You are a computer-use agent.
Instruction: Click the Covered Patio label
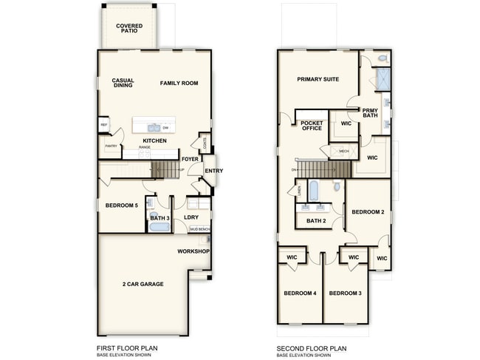tap(129, 30)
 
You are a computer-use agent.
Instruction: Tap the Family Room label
tap(179, 84)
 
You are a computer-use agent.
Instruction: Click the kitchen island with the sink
tap(154, 126)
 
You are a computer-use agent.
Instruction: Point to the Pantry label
tap(111, 146)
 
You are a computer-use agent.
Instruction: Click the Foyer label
tap(190, 159)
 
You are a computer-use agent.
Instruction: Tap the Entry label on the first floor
tap(213, 171)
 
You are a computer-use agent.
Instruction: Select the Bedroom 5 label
tap(122, 205)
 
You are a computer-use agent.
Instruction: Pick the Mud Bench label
tap(199, 229)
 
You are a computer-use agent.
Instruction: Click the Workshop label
tap(193, 251)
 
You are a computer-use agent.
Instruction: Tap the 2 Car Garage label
tap(143, 284)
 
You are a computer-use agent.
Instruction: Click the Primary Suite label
tap(318, 79)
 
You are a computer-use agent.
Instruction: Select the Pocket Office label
tap(312, 125)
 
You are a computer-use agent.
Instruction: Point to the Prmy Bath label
tap(370, 113)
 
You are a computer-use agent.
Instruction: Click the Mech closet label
tap(344, 152)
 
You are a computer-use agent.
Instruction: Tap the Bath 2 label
tap(316, 220)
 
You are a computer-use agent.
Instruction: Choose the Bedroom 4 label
tap(300, 293)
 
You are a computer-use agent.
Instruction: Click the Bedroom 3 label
tap(345, 293)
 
